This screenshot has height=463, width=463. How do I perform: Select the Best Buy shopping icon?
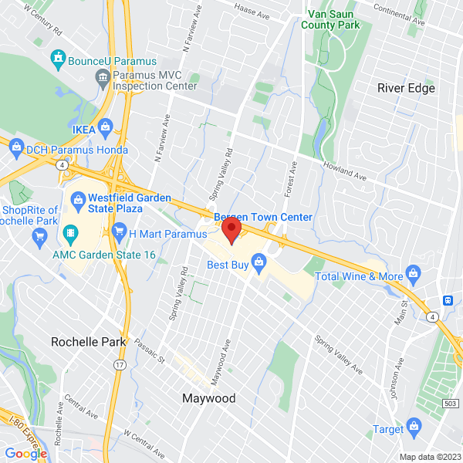coord(260,265)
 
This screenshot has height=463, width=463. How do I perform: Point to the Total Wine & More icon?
coord(414,272)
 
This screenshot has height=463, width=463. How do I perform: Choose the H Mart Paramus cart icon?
coord(119,231)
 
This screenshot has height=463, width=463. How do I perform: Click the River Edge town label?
coord(406,88)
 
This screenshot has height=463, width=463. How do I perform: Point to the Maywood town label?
coord(208,399)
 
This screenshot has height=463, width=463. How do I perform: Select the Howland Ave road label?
coord(343,170)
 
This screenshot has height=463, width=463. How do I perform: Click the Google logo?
coord(26,453)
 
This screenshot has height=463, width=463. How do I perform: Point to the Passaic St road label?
coord(151,352)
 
